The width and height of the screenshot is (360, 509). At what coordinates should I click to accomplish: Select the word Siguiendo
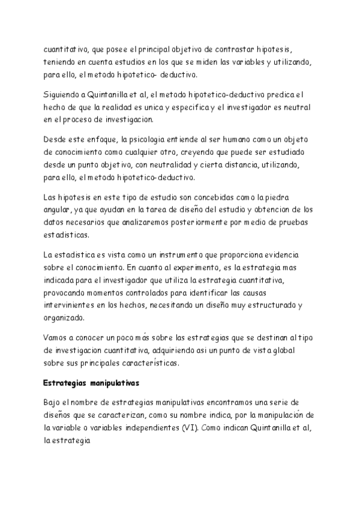64,94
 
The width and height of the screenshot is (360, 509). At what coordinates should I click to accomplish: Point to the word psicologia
140,140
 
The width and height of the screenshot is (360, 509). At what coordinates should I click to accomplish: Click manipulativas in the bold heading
114,382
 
